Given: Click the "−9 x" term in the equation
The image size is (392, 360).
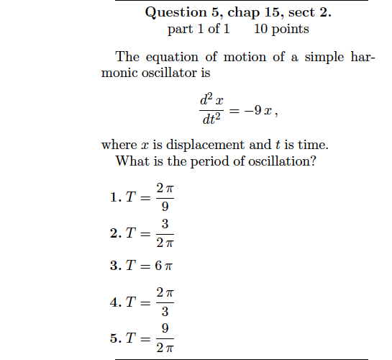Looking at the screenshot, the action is (x=256, y=111).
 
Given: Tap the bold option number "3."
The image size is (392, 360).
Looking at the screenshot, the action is (x=115, y=265).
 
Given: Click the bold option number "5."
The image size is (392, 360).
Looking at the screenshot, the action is (x=115, y=338).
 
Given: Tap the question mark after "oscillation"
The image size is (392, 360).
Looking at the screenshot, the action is (x=313, y=161).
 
